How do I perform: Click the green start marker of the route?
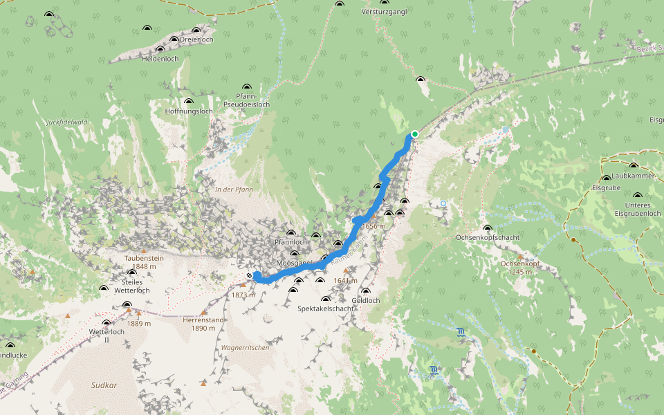pos(414,133)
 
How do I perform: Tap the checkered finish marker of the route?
pos(248,275)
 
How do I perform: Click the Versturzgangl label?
pos(384,12)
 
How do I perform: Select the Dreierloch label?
pos(196,39)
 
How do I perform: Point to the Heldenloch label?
pos(160,59)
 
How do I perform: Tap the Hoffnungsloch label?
pos(189,111)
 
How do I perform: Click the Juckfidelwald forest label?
pos(66,122)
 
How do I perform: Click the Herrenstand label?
pos(203,320)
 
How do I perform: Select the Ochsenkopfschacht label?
pos(488,237)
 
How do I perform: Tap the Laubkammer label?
pos(633,176)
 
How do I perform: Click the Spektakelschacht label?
pos(325,308)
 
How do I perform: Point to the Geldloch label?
pos(366,300)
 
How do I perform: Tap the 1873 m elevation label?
pos(243,295)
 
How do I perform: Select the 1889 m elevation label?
pos(138,323)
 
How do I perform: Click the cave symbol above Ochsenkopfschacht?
pos(488,228)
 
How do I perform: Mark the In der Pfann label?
pos(234,189)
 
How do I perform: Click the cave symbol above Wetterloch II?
pos(106,323)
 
